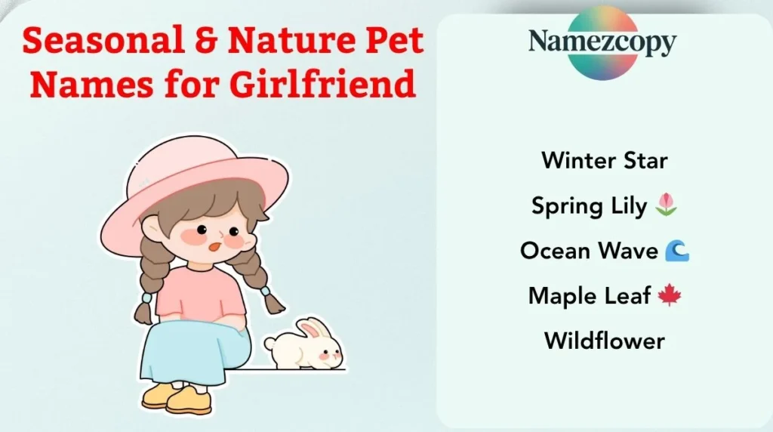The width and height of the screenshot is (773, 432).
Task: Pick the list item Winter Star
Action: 604,160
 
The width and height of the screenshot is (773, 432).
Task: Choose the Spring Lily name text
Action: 589,205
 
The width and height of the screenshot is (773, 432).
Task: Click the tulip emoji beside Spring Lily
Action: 667,204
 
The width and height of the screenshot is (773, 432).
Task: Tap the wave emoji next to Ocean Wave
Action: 676,251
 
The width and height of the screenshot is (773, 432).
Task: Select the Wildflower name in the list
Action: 604,341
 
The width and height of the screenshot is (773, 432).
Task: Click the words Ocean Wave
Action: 589,251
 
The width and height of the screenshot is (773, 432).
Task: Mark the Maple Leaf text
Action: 589,295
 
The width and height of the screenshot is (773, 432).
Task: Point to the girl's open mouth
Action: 214,245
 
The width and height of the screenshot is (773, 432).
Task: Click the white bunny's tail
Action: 269,344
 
